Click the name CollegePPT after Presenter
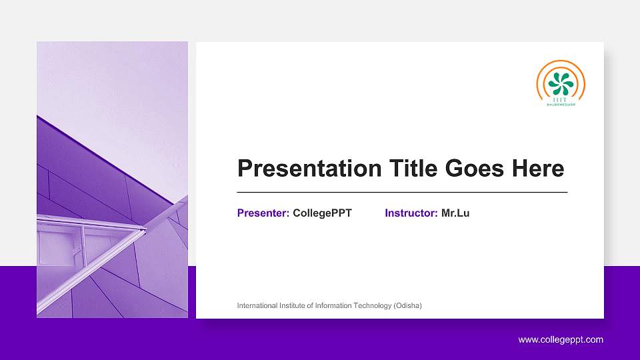tap(322, 213)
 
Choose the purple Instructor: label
tap(411, 213)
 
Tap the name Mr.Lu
tap(455, 213)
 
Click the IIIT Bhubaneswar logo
tap(561, 84)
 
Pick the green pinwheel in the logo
tap(561, 82)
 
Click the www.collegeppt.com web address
tap(561, 340)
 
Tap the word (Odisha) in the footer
tap(407, 305)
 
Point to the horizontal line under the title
tap(402, 192)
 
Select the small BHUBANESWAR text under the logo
tap(561, 105)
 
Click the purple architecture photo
tap(112, 179)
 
